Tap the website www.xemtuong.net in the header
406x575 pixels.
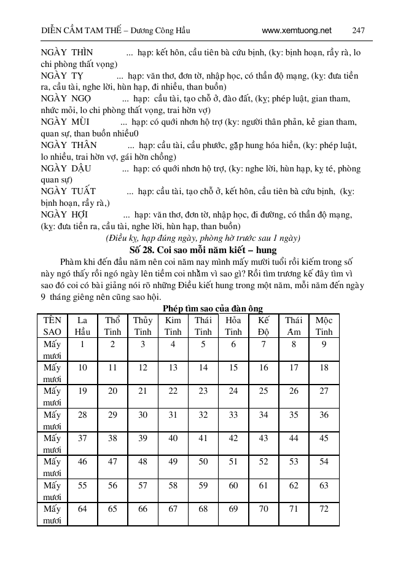(x=296, y=30)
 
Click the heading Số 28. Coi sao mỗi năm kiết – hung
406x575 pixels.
(x=203, y=250)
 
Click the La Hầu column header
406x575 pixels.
(x=82, y=326)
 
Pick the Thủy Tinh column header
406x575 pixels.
(x=142, y=326)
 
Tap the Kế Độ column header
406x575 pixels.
(x=264, y=326)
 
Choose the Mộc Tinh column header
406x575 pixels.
(x=324, y=326)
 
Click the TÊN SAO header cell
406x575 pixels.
(x=52, y=326)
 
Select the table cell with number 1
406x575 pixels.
(x=82, y=345)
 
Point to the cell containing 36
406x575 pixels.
(x=324, y=415)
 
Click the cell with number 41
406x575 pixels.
(x=203, y=438)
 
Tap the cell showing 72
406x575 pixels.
(x=324, y=509)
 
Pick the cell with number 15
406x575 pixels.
(x=233, y=367)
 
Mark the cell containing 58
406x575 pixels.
(x=173, y=485)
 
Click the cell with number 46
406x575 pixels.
(x=82, y=461)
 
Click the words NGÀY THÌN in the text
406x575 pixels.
(x=63, y=52)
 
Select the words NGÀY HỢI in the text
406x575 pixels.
(x=64, y=215)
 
